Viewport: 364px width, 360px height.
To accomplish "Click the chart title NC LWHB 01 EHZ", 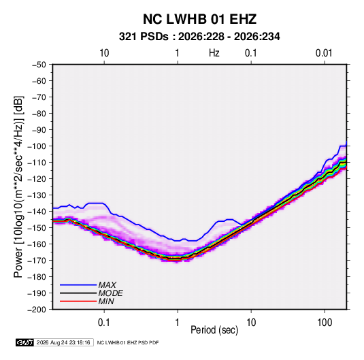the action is point(199,19).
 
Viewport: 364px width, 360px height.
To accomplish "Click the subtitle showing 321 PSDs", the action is point(199,37).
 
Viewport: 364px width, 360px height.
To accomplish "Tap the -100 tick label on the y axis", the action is point(37,146).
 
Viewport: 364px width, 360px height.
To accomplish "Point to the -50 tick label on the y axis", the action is point(39,65).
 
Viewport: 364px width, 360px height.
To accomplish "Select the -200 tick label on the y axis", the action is point(37,310).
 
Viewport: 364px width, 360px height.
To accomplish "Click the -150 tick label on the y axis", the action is point(37,227).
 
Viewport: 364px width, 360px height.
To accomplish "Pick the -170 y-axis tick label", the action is point(37,261).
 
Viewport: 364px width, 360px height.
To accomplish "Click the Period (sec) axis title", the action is point(214,330).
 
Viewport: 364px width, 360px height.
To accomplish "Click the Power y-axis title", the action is point(18,187).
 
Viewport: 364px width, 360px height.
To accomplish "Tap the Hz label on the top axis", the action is point(214,53).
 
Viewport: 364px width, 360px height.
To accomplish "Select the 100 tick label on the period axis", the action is point(325,323).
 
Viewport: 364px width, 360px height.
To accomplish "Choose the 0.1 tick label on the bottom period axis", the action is point(104,323).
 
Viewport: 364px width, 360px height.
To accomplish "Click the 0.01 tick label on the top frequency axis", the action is point(324,53).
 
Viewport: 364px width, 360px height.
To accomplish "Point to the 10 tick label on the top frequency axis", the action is point(104,53).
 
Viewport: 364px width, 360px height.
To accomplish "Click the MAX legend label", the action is point(107,285).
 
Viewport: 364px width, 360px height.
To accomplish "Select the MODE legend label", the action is point(110,293).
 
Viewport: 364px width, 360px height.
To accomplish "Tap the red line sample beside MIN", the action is point(78,301).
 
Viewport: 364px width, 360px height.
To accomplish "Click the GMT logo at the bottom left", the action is point(24,342).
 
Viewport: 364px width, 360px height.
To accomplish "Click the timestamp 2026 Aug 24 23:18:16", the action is point(63,342).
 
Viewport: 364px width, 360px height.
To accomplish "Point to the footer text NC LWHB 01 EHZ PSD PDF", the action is point(128,342).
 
